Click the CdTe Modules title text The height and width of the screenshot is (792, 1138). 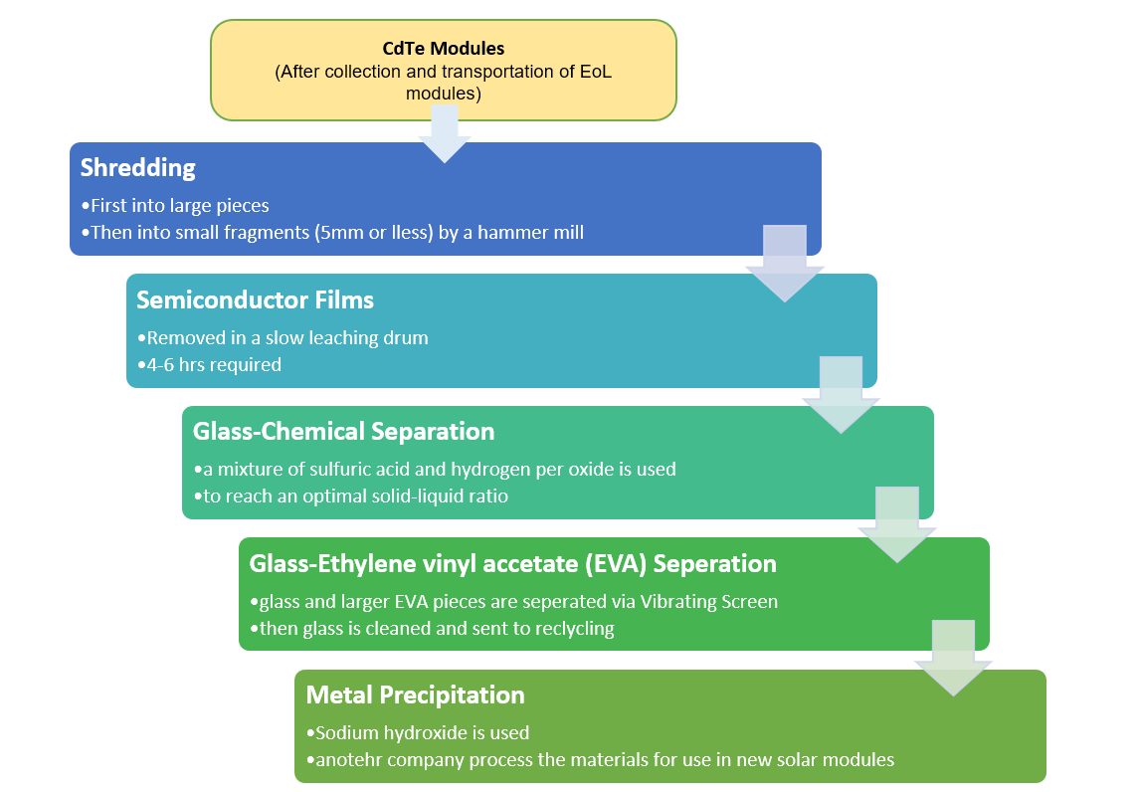click(x=444, y=48)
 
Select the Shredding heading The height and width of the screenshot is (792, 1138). click(x=137, y=167)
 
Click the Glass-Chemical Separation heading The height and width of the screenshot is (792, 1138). click(x=343, y=431)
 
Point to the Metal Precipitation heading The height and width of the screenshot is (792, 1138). click(x=415, y=694)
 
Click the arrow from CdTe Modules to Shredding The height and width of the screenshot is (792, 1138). click(x=444, y=134)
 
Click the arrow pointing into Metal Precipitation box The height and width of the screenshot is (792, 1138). click(x=953, y=659)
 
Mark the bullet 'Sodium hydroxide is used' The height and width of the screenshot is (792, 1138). click(x=422, y=733)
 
